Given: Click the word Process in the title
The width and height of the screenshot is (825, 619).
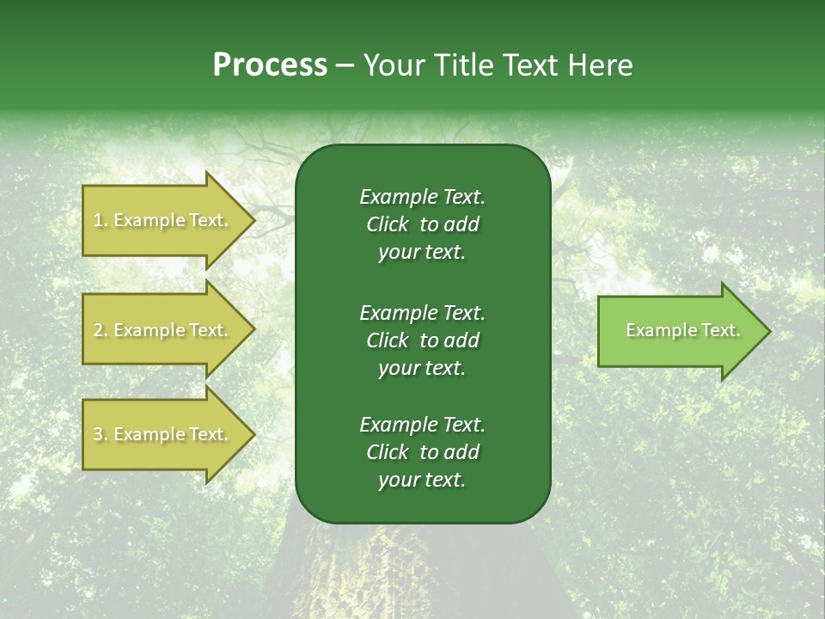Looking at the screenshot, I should coord(270,65).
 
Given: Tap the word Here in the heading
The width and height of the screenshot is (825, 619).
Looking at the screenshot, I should coord(601,65).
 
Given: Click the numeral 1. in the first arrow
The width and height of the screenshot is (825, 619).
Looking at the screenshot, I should coord(101,221).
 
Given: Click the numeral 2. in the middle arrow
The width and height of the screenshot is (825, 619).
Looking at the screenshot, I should coord(101,331).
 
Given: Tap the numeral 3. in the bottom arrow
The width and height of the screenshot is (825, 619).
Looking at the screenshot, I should coord(101,435).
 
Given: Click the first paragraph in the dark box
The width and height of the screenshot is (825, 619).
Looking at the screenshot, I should coord(422,224).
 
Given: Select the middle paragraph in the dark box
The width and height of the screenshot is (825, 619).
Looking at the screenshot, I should coord(422,340).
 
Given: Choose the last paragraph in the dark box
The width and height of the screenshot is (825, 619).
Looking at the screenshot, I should coord(422,452).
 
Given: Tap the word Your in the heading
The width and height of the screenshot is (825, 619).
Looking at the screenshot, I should coord(392,65).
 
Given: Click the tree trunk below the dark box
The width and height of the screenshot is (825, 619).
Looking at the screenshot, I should coord(387,572).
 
